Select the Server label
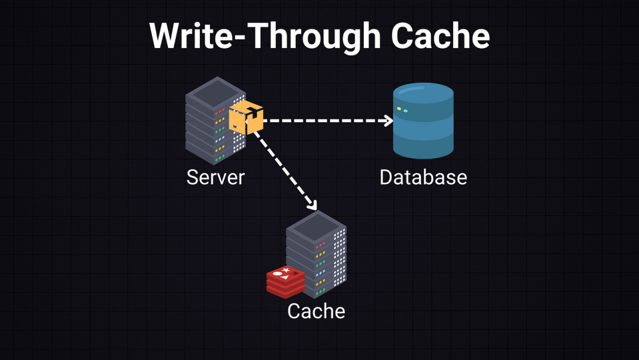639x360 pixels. coord(215,177)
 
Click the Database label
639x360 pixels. coord(423,177)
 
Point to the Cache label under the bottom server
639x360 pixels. coord(316,311)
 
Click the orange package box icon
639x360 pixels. coord(246,117)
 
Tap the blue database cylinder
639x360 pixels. coord(423,121)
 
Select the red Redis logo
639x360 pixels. coord(285,281)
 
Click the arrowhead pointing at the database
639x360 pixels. coord(389,121)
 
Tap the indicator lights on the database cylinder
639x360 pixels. coord(402,110)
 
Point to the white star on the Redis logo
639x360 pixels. coord(286,271)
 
